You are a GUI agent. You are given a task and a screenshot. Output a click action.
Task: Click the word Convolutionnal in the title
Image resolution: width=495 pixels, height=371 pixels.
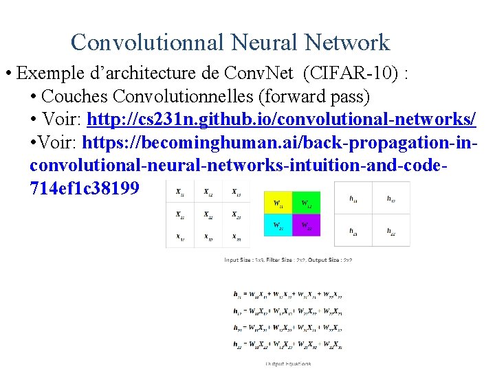(x=146, y=43)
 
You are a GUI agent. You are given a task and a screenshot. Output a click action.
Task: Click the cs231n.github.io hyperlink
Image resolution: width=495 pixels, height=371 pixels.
(x=282, y=119)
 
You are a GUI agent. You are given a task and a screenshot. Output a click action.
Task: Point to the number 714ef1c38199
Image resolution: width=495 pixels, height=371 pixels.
(x=85, y=188)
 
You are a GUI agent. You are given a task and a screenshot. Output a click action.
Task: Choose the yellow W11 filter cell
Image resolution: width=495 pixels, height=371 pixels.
(x=278, y=203)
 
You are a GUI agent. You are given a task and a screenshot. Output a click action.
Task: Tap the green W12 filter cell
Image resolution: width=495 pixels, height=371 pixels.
(x=307, y=203)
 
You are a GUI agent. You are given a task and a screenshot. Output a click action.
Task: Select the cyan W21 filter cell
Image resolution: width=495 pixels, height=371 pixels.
(x=278, y=225)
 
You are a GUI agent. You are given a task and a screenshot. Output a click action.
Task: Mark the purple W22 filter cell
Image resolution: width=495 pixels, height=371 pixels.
(x=307, y=225)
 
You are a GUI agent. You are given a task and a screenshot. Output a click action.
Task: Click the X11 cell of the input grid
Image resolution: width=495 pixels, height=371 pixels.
(x=180, y=193)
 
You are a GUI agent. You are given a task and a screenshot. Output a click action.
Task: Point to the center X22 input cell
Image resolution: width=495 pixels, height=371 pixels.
(x=208, y=216)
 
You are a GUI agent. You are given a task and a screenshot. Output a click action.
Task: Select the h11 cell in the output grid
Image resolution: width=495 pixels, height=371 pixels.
(x=353, y=199)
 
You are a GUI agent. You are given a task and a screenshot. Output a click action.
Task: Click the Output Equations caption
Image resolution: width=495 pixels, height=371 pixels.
(x=288, y=363)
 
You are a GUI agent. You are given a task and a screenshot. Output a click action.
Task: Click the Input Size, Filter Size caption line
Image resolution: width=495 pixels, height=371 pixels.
(x=288, y=260)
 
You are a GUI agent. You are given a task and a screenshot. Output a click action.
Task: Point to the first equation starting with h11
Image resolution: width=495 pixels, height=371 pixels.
(x=288, y=294)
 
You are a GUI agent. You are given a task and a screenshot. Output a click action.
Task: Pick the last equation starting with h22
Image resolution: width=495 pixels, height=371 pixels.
(x=288, y=344)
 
